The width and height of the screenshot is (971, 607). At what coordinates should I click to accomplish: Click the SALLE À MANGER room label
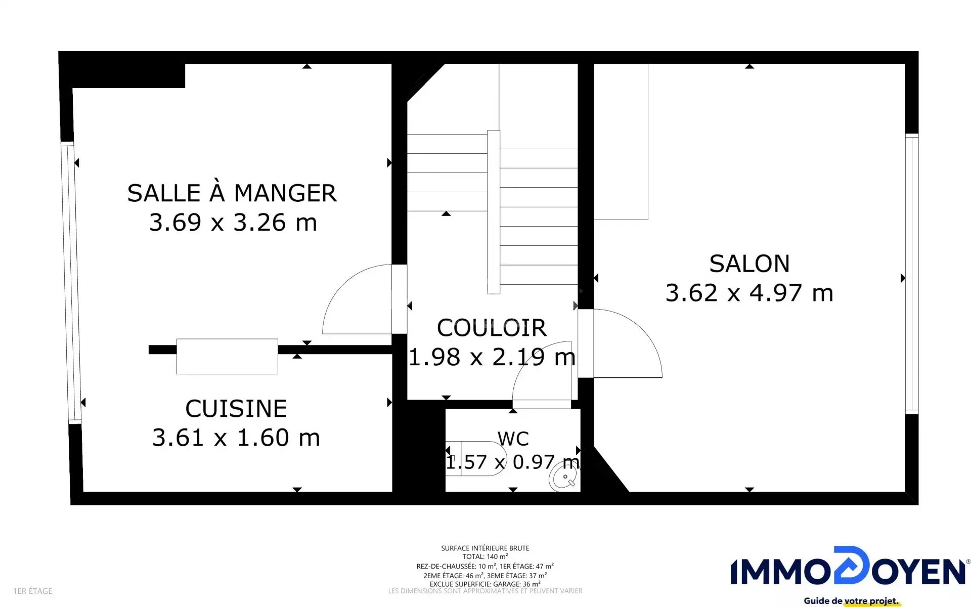(232, 193)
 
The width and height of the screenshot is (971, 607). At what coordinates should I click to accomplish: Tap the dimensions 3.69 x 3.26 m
(233, 222)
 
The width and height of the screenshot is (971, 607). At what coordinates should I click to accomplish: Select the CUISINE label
(236, 408)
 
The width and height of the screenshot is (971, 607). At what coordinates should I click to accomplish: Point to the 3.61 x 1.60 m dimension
(236, 438)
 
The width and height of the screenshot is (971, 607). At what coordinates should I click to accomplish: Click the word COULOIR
(492, 328)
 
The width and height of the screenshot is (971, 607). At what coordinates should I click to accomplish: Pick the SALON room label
(749, 264)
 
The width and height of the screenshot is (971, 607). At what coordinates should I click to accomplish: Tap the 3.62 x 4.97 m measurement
(749, 293)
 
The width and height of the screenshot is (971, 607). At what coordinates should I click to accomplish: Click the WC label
(513, 439)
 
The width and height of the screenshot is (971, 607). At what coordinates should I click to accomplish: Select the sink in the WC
(564, 478)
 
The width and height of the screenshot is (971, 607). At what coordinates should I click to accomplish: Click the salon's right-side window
(912, 274)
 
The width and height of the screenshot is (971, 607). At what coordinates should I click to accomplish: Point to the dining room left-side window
(71, 282)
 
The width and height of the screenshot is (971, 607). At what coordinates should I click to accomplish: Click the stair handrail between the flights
(494, 212)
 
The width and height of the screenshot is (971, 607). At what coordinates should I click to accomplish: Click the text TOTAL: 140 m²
(485, 556)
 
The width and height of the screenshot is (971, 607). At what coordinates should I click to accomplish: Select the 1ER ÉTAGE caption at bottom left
(33, 591)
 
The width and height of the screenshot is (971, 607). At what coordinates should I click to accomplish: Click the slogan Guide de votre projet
(852, 601)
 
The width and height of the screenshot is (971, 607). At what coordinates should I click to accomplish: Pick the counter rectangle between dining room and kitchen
(227, 357)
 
